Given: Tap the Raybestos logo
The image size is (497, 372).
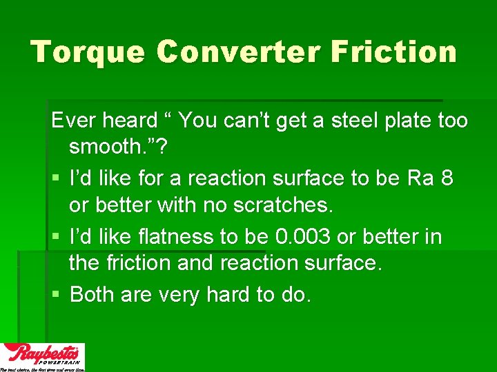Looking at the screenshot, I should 43,357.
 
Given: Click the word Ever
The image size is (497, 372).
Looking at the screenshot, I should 74,121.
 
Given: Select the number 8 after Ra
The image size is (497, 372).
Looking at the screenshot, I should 447,178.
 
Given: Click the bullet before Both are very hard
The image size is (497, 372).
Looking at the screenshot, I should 56,296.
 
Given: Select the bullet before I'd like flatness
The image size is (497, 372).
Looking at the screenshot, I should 56,237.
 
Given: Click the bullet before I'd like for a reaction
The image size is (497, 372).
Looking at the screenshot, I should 56,179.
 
